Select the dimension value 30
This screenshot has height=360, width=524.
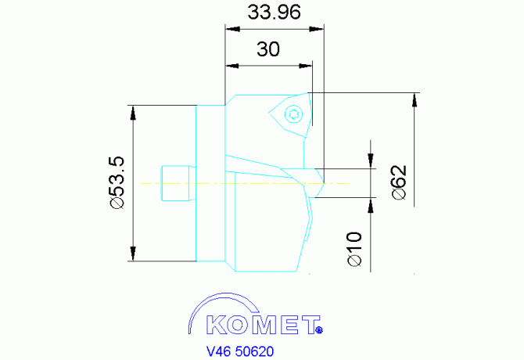(268, 49)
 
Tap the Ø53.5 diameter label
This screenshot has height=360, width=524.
(117, 182)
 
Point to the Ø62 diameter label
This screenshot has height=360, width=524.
(397, 182)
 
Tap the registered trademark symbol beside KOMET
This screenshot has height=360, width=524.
(319, 330)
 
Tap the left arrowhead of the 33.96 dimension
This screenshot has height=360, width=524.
(231, 29)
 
